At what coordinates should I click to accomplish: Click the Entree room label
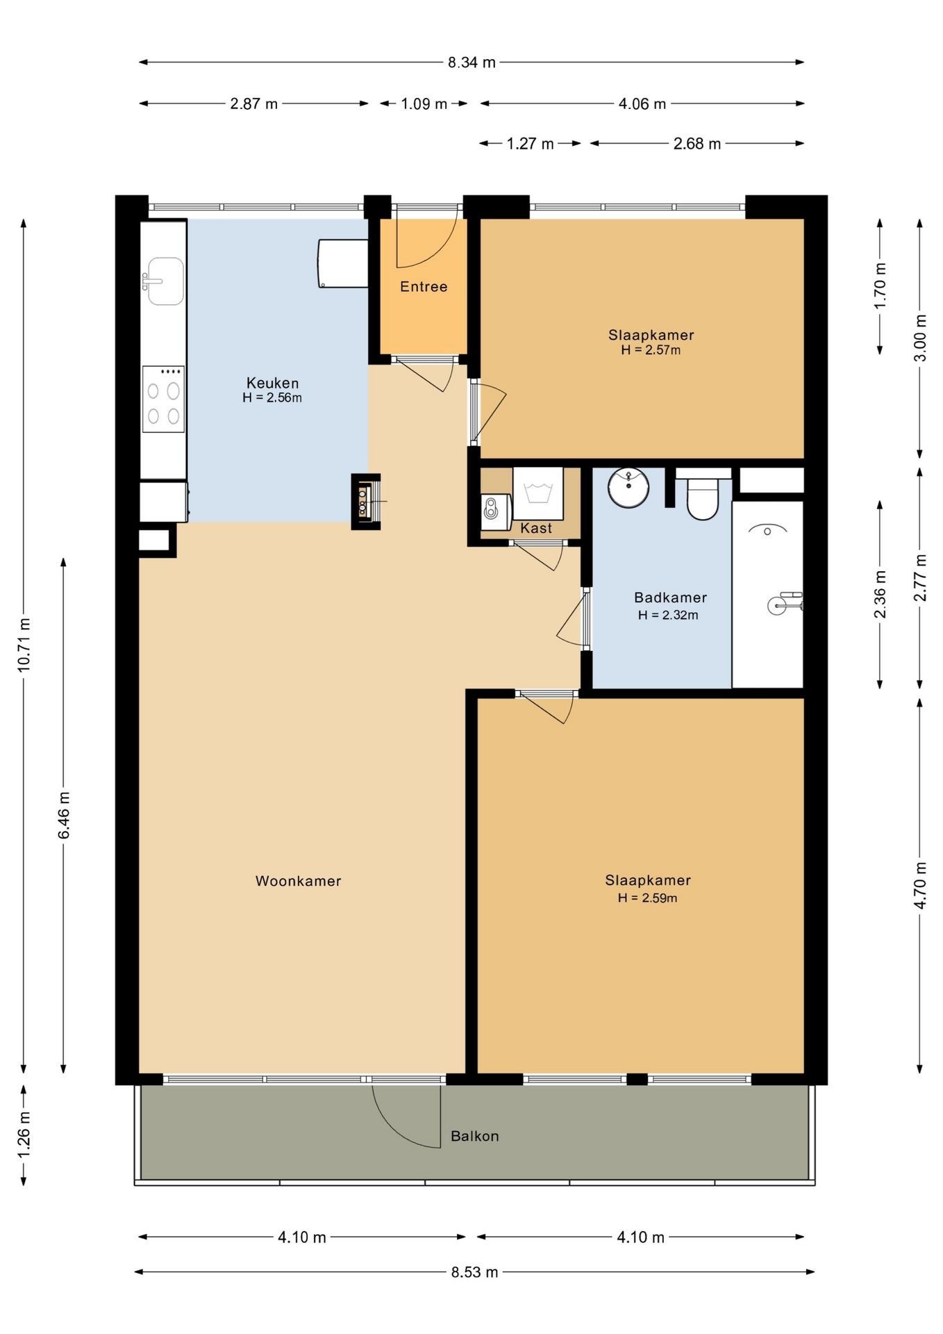(424, 286)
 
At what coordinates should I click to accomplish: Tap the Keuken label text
(272, 383)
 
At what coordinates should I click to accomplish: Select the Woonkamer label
(299, 881)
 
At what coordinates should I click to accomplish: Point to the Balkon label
(475, 1136)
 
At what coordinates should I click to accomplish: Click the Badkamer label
(670, 598)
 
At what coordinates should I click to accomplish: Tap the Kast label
(536, 528)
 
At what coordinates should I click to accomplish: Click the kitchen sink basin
(165, 281)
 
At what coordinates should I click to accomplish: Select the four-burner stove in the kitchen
(163, 399)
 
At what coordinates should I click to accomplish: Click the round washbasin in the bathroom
(628, 487)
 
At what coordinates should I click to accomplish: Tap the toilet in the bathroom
(703, 495)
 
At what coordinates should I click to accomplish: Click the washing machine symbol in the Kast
(537, 493)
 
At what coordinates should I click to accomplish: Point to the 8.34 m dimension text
(471, 63)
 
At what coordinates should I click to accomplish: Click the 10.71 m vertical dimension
(24, 644)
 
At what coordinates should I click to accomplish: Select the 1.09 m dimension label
(424, 104)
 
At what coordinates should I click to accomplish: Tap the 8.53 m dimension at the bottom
(474, 1272)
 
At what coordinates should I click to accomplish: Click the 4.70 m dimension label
(920, 885)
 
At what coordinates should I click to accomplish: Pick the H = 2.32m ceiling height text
(668, 615)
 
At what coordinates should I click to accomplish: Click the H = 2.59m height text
(647, 898)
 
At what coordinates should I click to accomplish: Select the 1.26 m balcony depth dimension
(24, 1135)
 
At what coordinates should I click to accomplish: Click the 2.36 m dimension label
(880, 594)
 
